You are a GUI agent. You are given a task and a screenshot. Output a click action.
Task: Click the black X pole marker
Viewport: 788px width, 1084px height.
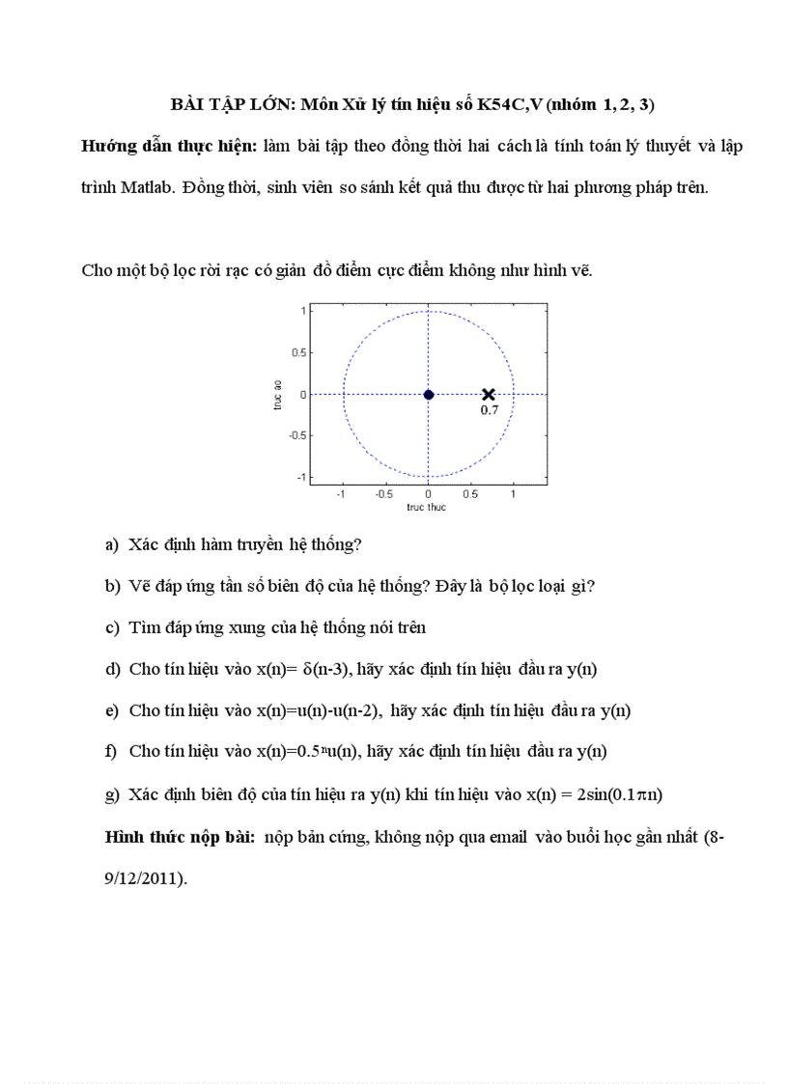point(489,394)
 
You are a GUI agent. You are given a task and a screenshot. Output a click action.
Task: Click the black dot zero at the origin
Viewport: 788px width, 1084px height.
point(429,394)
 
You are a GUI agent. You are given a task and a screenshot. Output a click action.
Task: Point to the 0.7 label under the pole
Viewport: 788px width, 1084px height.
point(490,410)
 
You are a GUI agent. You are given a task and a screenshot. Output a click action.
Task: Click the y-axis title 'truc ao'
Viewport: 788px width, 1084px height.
point(277,395)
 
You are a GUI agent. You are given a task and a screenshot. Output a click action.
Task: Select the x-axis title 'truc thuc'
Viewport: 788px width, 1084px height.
point(426,507)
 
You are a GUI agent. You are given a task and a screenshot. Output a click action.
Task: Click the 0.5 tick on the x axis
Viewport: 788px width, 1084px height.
point(470,493)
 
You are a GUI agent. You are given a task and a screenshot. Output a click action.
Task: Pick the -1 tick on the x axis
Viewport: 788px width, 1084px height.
point(340,493)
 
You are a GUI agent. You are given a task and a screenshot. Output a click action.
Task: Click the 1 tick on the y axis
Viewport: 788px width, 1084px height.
point(302,311)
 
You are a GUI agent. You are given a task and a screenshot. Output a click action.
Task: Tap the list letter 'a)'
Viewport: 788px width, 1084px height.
point(111,544)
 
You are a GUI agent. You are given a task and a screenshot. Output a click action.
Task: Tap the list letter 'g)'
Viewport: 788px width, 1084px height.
point(111,793)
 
